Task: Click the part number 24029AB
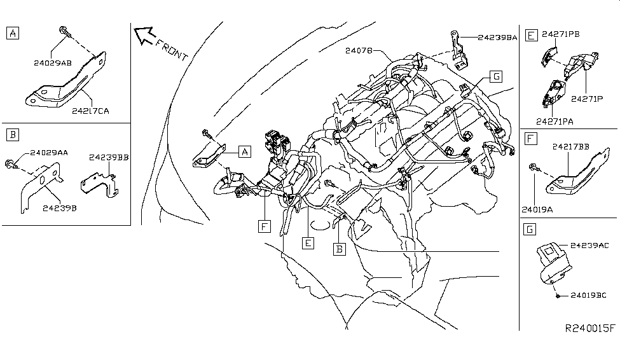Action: point(54,62)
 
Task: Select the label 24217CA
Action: point(90,110)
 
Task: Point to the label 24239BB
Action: point(109,156)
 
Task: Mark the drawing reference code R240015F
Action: point(590,329)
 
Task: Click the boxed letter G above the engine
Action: point(496,77)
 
